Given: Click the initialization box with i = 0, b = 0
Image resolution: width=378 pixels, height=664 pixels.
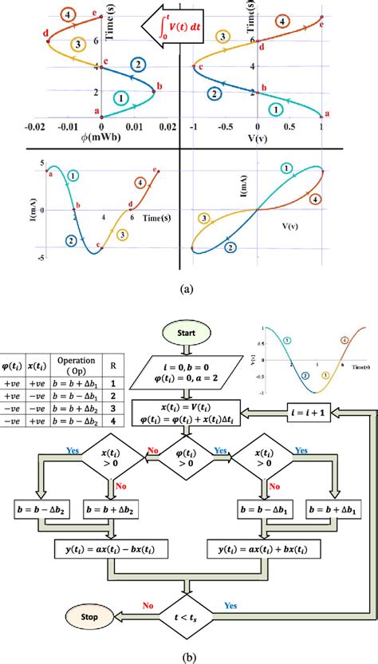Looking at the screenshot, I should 185,371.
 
